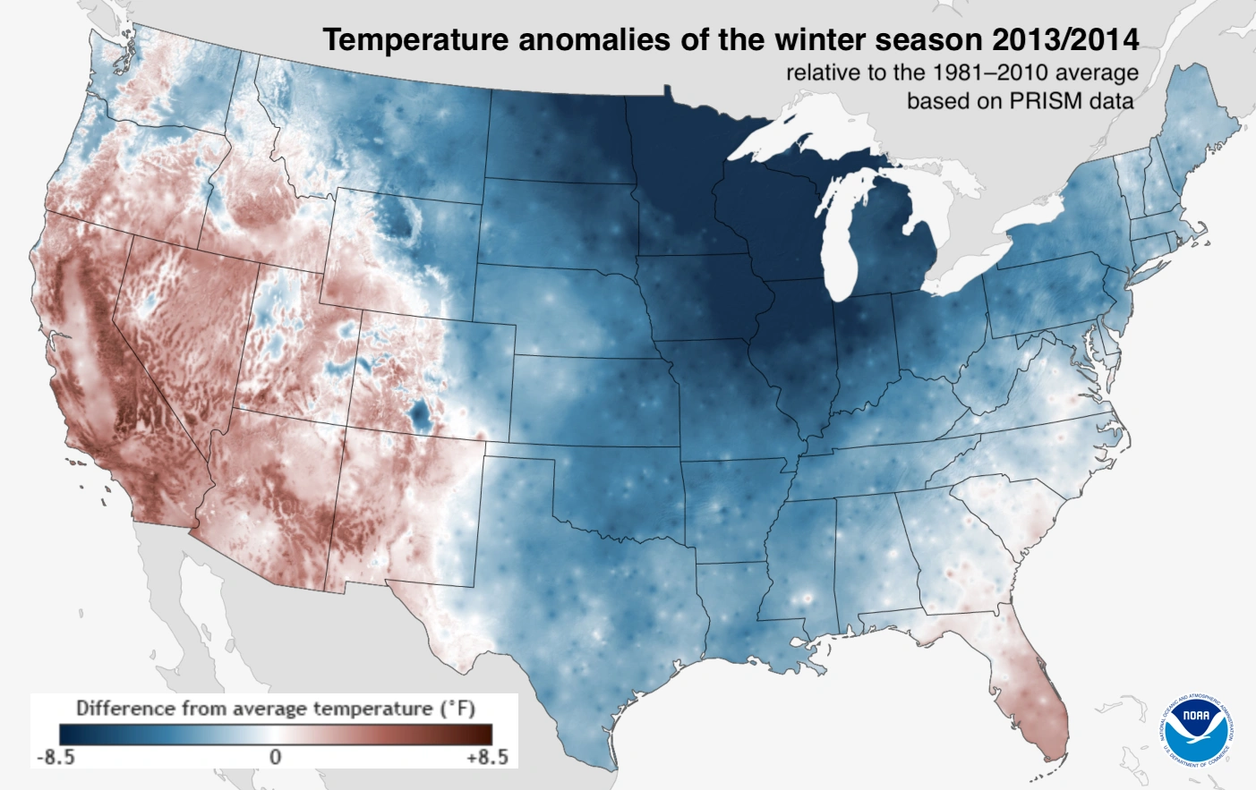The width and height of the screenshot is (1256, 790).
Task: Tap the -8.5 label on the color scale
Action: pyautogui.click(x=56, y=757)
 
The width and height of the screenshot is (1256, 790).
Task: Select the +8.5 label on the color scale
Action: pyautogui.click(x=487, y=757)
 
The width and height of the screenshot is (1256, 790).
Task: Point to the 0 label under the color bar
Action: pyautogui.click(x=275, y=757)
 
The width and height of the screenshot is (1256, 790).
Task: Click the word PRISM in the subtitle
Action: pyautogui.click(x=1045, y=101)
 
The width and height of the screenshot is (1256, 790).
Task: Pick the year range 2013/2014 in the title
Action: pyautogui.click(x=1065, y=40)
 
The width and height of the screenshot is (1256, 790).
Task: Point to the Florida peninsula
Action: pyautogui.click(x=1038, y=689)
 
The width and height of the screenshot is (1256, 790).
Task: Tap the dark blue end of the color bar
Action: pyautogui.click(x=68, y=735)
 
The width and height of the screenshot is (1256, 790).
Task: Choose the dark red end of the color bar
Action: pyautogui.click(x=484, y=735)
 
